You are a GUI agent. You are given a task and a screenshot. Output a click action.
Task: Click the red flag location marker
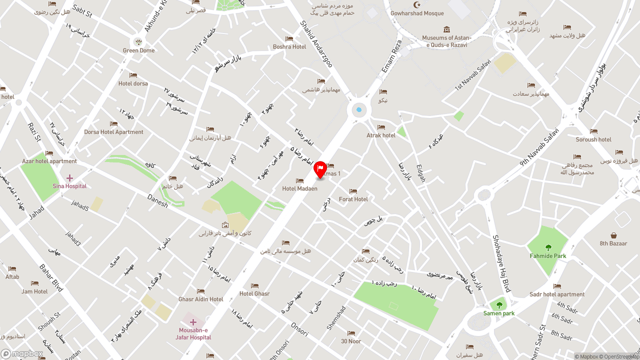coord(320,169)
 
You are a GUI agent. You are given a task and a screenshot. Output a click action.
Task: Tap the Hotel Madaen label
coord(299,188)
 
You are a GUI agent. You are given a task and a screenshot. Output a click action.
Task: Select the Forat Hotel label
coord(353,199)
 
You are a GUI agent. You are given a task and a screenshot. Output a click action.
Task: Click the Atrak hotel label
coord(381,135)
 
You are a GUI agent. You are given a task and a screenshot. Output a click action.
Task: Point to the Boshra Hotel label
coord(289,46)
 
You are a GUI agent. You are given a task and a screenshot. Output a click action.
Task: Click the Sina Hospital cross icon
coord(69,178)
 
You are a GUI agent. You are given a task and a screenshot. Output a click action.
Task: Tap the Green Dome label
coord(138,50)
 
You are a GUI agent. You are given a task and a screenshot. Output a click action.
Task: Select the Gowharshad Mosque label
coord(417,13)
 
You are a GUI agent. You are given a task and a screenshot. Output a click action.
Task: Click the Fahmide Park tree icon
coord(548,247)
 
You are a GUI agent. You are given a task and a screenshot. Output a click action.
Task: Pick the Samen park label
coord(498,313)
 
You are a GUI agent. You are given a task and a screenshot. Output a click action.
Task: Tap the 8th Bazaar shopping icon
coord(613,235)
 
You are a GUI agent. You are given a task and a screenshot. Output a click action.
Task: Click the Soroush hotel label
coord(593,139)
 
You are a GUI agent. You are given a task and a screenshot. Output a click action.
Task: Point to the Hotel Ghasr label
coord(254,293)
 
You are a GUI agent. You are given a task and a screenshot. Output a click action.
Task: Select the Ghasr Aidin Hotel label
coord(201,299)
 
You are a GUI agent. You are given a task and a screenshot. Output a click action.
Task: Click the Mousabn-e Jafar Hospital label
coord(193,333)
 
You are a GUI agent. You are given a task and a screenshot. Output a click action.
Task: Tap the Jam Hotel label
coord(34,291)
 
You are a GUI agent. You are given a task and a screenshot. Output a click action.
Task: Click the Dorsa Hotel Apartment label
coord(113,132)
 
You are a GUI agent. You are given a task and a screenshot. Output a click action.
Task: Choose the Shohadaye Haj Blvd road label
coord(501,263)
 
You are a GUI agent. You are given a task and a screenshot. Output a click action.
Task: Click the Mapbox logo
coord(22,354)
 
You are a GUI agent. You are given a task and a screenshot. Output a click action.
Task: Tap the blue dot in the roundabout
coord(359,109)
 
